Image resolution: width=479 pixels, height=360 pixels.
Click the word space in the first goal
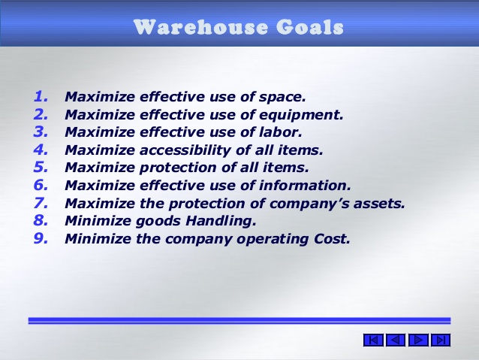pos(285,97)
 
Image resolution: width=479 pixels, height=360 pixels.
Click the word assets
pos(378,204)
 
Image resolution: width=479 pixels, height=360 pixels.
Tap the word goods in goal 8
pos(158,222)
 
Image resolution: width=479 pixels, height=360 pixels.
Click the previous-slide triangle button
pos(396,340)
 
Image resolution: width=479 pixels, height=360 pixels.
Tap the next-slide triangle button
pos(419,340)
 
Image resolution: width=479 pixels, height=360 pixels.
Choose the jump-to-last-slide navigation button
pos(441,340)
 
